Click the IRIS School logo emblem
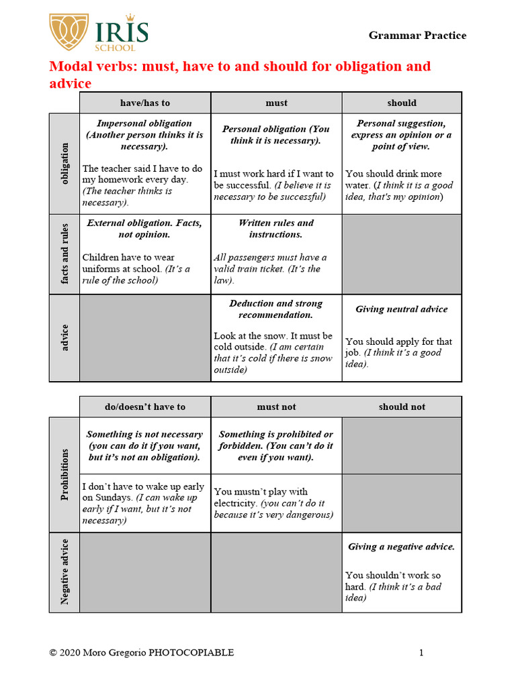(x=70, y=32)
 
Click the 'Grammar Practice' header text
(x=417, y=36)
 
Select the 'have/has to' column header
(x=145, y=103)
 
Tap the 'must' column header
(x=276, y=103)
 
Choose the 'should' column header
(x=402, y=103)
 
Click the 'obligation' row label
(x=64, y=164)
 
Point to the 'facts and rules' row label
(x=64, y=255)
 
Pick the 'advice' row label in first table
(x=64, y=338)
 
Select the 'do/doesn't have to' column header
(x=145, y=407)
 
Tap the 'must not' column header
(x=276, y=407)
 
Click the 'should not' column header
(x=402, y=407)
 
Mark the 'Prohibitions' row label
(x=64, y=474)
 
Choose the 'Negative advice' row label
(x=64, y=572)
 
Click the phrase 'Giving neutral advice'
(x=401, y=309)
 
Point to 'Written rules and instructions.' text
(x=276, y=228)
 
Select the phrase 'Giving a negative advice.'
(x=401, y=547)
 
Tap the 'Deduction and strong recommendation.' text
(x=276, y=309)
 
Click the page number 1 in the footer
(x=421, y=653)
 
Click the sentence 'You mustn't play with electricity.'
(x=261, y=497)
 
